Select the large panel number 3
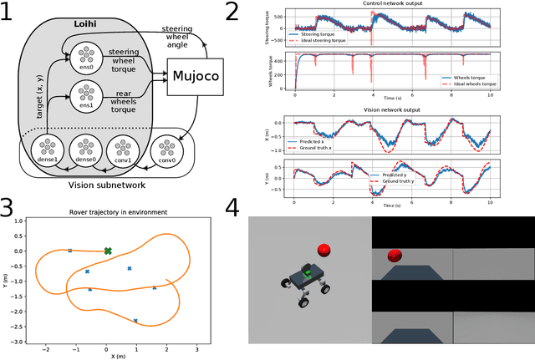(x=9, y=207)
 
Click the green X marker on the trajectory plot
(x=107, y=251)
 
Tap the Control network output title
(x=387, y=5)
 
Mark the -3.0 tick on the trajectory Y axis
(x=18, y=342)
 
